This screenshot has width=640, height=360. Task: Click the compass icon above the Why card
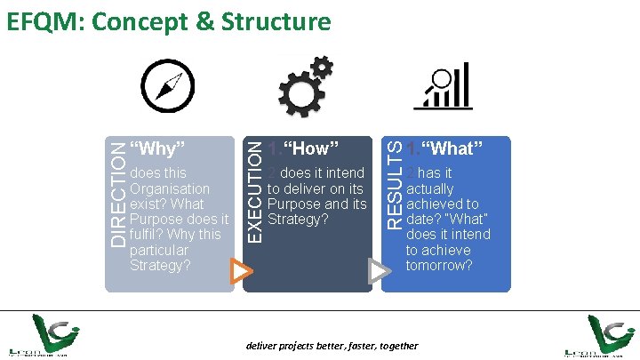(169, 85)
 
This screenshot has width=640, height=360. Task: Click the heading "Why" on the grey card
(157, 147)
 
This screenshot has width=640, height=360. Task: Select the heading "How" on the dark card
(311, 148)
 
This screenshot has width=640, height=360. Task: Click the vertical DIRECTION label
(116, 191)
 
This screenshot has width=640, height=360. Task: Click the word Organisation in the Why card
(170, 188)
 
